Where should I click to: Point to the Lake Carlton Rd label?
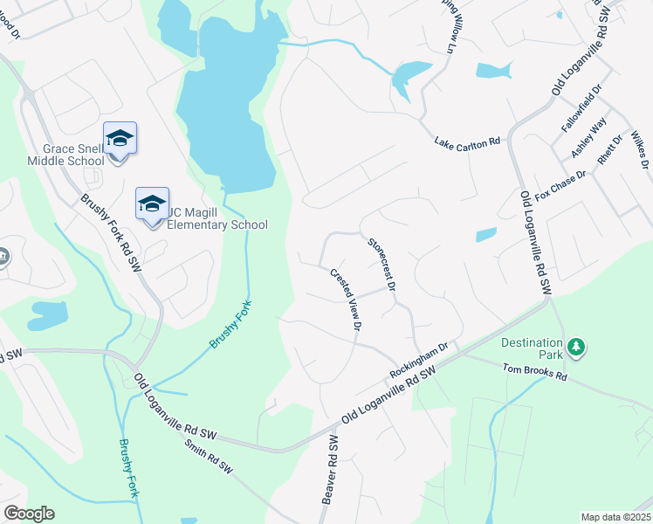click(467, 141)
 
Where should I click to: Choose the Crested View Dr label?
click(345, 299)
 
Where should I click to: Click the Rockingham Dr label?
click(419, 359)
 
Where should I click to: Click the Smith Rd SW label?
click(209, 457)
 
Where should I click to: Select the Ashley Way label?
click(588, 139)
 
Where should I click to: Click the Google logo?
click(29, 514)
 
